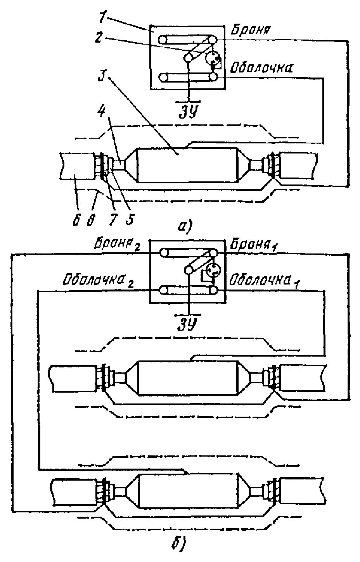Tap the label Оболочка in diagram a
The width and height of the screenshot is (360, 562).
(x=261, y=67)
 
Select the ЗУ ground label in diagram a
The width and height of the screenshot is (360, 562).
(x=188, y=112)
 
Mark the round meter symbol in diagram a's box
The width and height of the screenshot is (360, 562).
(x=213, y=59)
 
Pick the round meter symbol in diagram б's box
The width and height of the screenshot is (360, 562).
(x=214, y=270)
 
